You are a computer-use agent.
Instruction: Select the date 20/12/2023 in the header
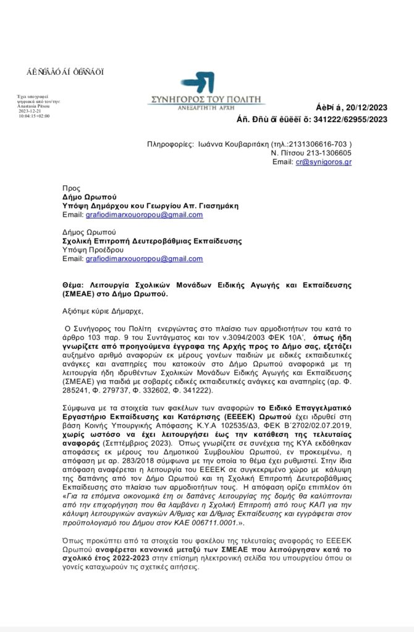point(364,106)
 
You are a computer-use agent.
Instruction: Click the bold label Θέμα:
point(77,285)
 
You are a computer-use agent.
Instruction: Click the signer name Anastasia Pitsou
point(36,106)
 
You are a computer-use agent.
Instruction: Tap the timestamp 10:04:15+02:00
point(34,115)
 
